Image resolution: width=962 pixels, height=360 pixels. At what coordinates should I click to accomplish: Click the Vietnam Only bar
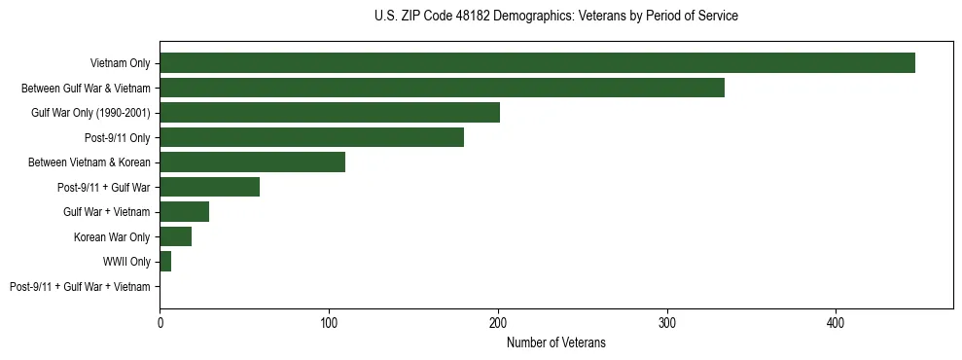pyautogui.click(x=537, y=63)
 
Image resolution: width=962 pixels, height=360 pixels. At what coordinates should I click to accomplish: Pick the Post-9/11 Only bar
pyautogui.click(x=311, y=137)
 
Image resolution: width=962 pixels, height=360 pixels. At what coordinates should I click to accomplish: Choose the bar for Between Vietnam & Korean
pyautogui.click(x=252, y=162)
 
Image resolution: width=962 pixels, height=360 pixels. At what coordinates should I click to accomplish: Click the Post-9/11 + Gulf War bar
pyautogui.click(x=209, y=187)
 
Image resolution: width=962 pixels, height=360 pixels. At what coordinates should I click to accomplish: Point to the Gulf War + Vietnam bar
pyautogui.click(x=184, y=212)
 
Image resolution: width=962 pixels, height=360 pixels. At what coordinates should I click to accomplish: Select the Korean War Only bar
pyautogui.click(x=176, y=236)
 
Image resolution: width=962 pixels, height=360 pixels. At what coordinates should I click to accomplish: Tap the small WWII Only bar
pyautogui.click(x=165, y=262)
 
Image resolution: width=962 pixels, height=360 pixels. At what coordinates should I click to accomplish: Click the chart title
pyautogui.click(x=556, y=17)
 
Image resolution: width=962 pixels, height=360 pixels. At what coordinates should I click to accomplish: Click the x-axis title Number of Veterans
pyautogui.click(x=556, y=342)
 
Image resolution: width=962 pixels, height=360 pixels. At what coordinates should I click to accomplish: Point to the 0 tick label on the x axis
pyautogui.click(x=160, y=322)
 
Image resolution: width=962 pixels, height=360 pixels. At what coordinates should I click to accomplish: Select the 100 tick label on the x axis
pyautogui.click(x=329, y=322)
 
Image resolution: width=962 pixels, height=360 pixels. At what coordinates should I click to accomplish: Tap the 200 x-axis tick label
pyautogui.click(x=498, y=322)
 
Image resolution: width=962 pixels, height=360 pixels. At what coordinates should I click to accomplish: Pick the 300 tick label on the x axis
pyautogui.click(x=667, y=322)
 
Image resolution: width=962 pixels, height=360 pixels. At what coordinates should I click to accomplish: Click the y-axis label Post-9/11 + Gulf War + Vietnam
pyautogui.click(x=80, y=287)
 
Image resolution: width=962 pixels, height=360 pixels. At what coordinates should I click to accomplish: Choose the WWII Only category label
pyautogui.click(x=126, y=262)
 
